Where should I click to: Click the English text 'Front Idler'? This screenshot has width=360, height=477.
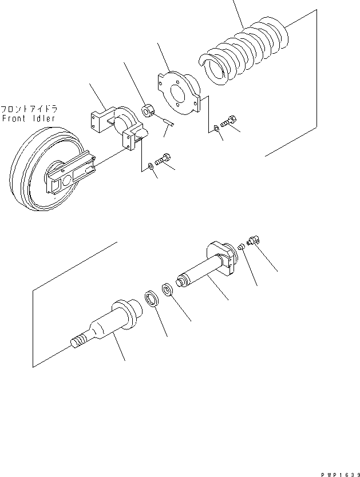pos(29,118)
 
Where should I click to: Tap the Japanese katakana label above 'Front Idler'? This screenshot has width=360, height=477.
pos(29,109)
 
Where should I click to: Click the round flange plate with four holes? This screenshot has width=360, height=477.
pos(177,92)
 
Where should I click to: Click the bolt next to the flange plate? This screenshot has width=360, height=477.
pos(228,121)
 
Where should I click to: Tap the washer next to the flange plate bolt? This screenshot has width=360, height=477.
pos(214,128)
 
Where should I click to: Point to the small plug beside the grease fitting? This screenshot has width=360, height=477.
pos(242,247)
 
